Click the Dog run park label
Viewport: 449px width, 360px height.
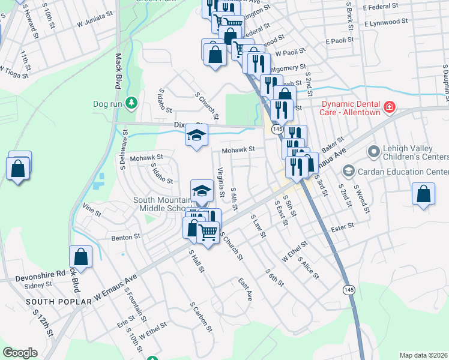(108, 104)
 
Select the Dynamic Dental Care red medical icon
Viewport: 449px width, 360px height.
(389, 107)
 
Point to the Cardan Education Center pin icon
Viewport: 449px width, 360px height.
(347, 172)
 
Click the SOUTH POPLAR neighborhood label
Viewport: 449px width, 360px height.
(58, 301)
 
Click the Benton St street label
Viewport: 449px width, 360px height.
(125, 237)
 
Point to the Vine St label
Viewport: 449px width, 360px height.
(92, 209)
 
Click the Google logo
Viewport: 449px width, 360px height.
(20, 353)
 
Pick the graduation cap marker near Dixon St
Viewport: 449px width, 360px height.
(196, 137)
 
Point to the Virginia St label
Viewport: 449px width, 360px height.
(221, 178)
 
